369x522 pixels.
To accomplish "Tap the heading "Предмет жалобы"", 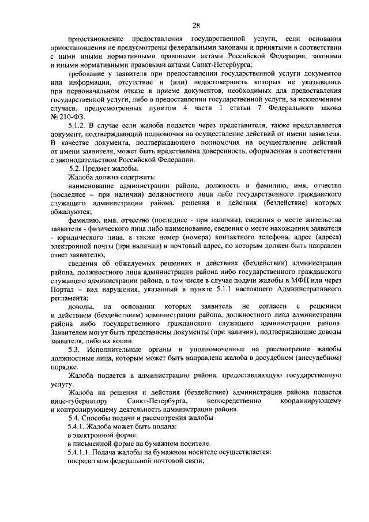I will pyautogui.click(x=111, y=168).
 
